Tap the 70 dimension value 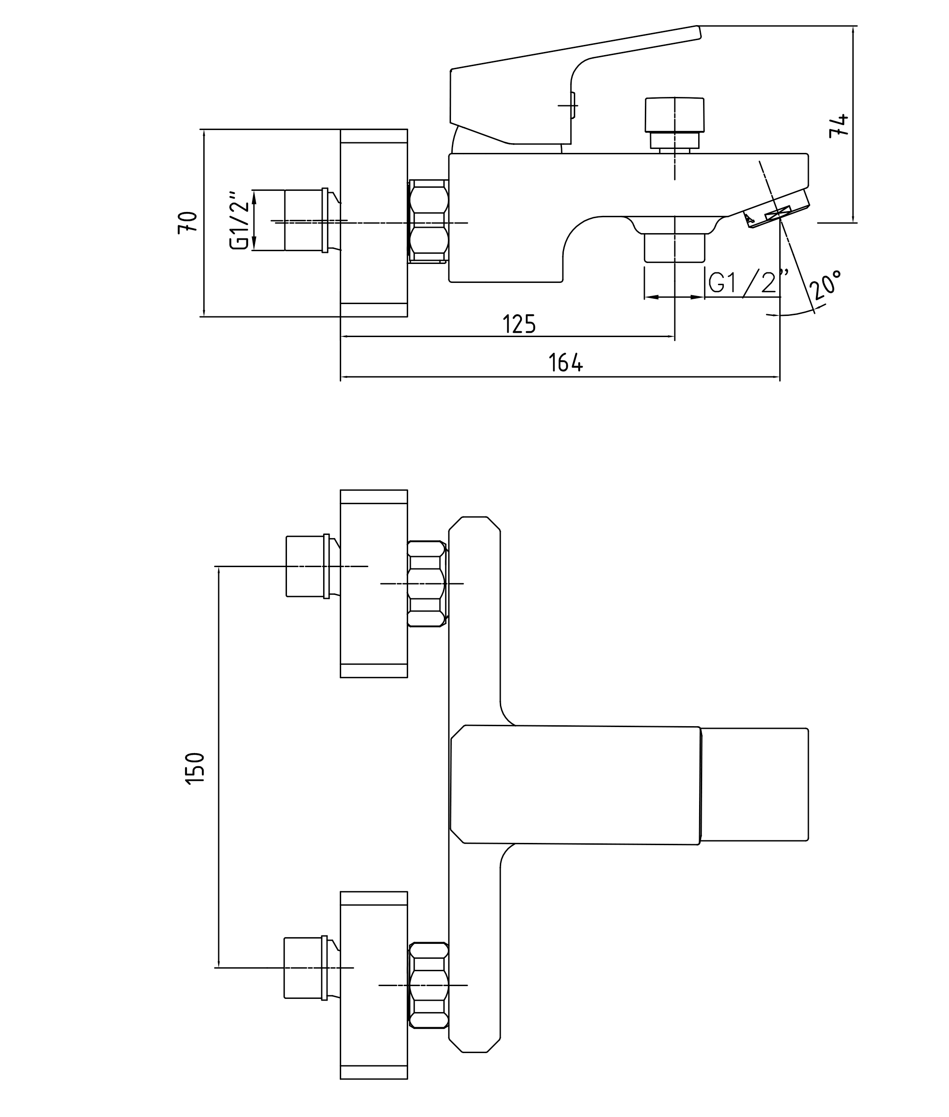coord(188,223)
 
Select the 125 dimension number coord(519,324)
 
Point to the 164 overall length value coord(566,363)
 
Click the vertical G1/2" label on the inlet coord(240,220)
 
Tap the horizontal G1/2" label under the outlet coord(748,282)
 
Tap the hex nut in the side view coord(429,222)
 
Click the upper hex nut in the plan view coord(426,583)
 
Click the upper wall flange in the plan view coord(374,583)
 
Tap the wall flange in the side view coord(374,223)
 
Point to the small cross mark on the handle coord(568,105)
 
